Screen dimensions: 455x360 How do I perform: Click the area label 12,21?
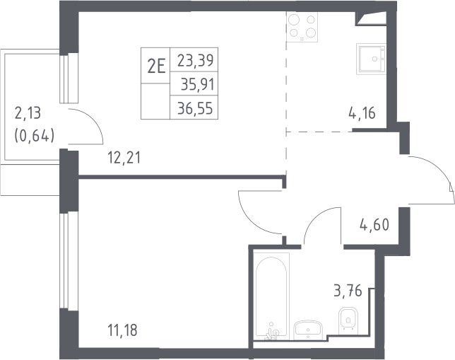(124, 158)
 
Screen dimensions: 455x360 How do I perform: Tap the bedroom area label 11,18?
(122, 330)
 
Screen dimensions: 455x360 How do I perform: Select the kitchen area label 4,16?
(362, 113)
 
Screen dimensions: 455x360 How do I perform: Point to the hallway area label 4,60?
(374, 225)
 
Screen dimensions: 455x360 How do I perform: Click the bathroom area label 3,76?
(348, 291)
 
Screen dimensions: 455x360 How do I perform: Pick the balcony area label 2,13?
(28, 113)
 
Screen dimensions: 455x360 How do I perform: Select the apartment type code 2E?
(156, 66)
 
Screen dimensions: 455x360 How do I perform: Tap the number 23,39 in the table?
(195, 60)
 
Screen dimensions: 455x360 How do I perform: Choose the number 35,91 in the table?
(198, 85)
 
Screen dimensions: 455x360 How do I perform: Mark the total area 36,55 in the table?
(195, 108)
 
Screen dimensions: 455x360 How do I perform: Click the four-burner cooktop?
(302, 27)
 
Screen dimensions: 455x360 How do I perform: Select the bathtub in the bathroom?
(271, 296)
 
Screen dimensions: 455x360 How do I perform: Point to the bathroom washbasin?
(308, 330)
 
